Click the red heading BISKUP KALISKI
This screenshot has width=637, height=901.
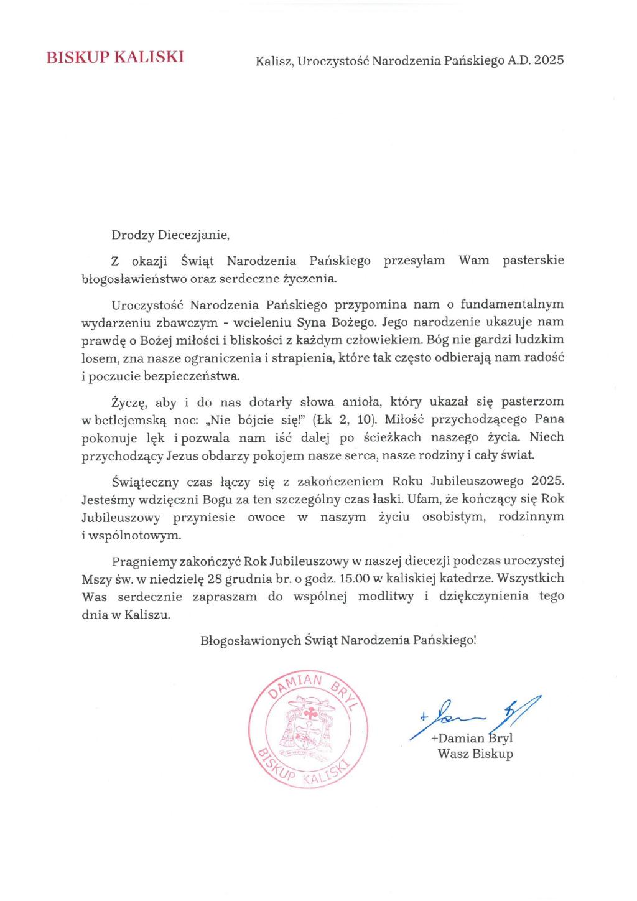(114, 58)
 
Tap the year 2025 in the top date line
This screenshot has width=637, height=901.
(549, 60)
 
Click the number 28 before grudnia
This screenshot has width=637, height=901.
(215, 578)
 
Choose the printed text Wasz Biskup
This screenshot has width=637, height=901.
(475, 754)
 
